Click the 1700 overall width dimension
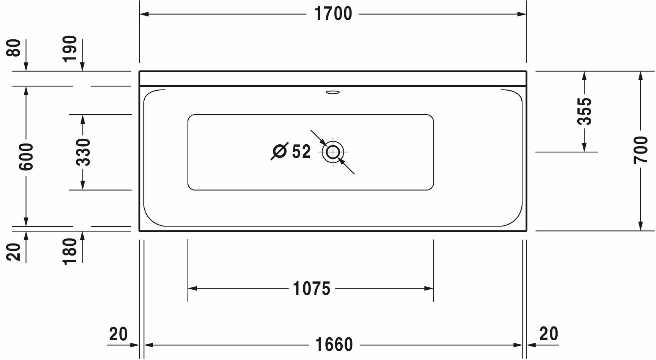point(333,14)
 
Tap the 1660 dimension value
point(333,345)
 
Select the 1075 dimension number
point(312,289)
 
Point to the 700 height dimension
point(641,150)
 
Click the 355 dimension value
point(584,111)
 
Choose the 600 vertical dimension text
point(26,157)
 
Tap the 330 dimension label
point(83,152)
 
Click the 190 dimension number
point(70,49)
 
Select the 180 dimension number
point(70,251)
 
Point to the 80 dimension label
point(14,48)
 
